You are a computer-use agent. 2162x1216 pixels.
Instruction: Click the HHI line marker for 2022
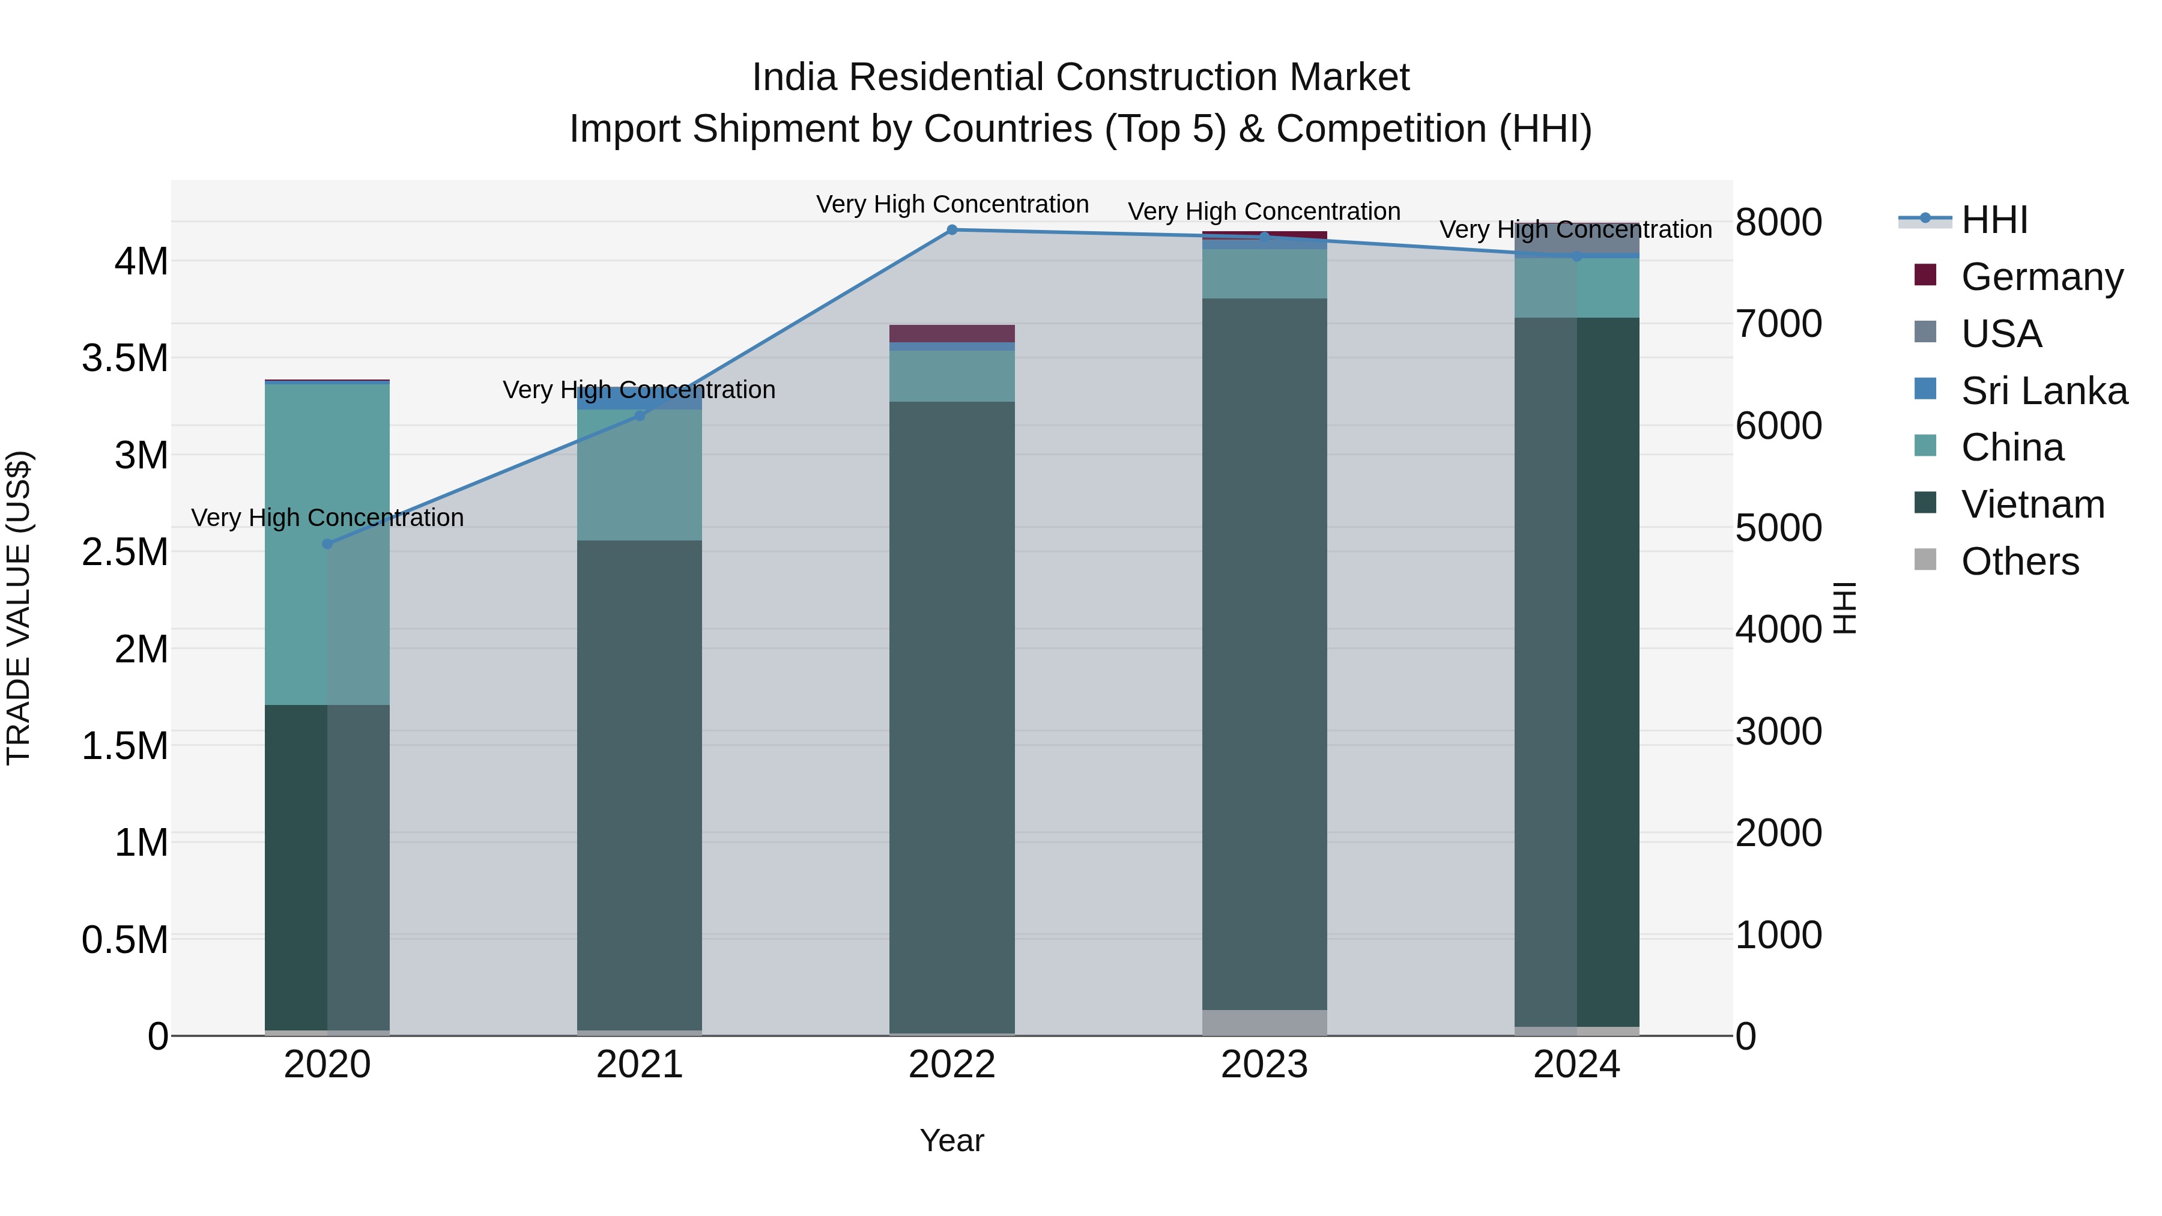pos(952,229)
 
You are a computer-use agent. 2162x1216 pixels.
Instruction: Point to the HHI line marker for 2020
pos(327,544)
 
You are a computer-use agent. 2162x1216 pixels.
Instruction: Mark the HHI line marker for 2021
pos(640,416)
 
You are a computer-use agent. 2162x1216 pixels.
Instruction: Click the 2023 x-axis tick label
pos(1264,1065)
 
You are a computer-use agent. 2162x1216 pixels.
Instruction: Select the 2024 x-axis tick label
pos(1576,1065)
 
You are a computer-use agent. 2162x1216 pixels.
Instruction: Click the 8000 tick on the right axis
pos(1778,222)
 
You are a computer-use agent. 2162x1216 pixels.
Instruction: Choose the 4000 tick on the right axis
pos(1778,629)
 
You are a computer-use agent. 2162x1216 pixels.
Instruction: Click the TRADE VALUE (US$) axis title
pos(19,608)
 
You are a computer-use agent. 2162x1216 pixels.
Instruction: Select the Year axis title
pos(952,1140)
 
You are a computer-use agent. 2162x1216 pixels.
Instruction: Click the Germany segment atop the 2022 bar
pos(952,333)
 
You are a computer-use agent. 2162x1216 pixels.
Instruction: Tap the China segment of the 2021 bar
pos(640,475)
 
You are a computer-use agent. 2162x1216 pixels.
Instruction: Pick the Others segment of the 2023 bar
pos(1264,1022)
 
